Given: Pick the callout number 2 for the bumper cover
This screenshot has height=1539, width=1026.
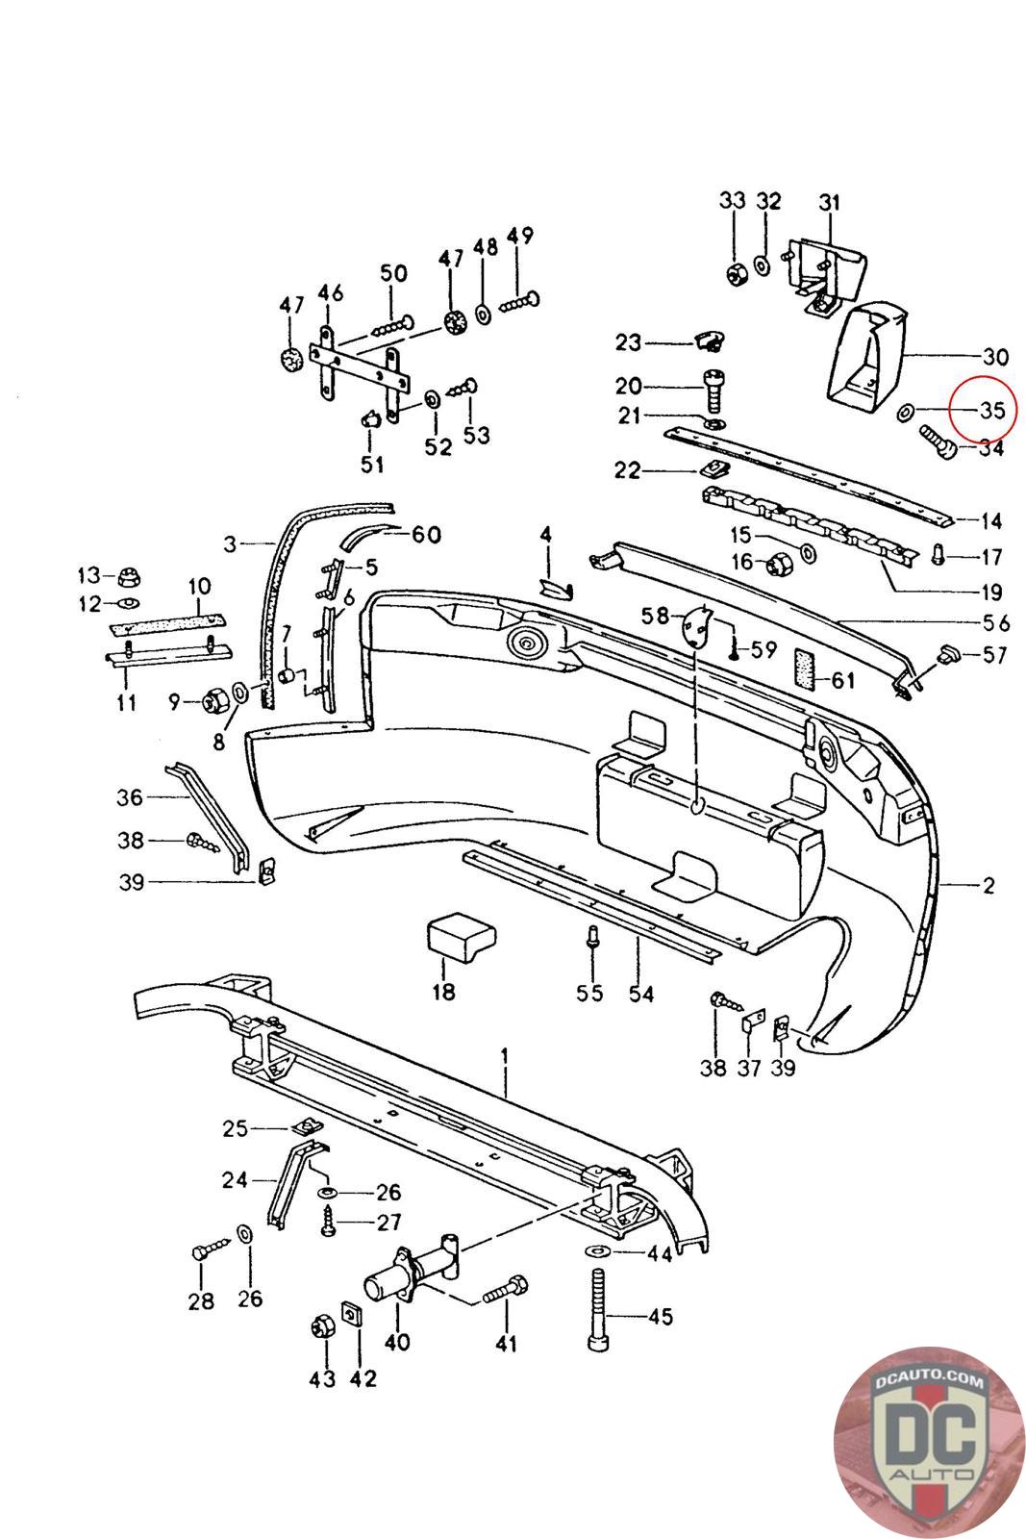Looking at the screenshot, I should tap(988, 885).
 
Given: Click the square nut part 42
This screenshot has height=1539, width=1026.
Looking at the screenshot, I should tap(352, 1314).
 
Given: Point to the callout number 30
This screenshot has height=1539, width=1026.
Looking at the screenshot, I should tap(995, 358).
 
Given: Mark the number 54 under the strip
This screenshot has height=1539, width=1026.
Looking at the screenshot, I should tap(638, 993).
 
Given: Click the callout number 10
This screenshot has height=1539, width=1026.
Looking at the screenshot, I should tap(199, 586).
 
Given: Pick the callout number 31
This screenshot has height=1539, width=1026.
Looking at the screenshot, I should tap(829, 203).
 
